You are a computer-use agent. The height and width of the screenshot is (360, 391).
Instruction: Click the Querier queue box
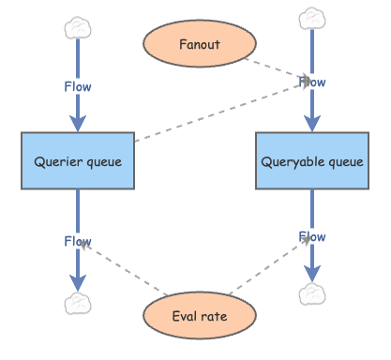pos(78,160)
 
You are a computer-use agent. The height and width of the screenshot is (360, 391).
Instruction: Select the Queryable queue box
pos(310,160)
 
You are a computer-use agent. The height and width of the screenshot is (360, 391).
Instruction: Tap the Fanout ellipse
pos(199,43)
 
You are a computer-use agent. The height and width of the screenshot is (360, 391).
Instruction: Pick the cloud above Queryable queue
pos(310,18)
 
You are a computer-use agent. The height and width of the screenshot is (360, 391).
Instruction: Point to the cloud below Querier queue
pos(77,303)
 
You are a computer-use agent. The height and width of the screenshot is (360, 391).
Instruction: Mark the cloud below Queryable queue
pos(310,294)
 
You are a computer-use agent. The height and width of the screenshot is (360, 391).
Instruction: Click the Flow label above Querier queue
pos(78,86)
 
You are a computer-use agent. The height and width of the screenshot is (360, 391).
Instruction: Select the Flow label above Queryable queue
pos(311,82)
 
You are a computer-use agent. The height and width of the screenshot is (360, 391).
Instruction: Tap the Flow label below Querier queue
pos(78,241)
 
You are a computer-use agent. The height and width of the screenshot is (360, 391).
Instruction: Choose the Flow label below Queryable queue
pos(311,236)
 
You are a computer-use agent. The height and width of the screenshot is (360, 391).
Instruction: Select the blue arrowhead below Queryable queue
pos(310,274)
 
